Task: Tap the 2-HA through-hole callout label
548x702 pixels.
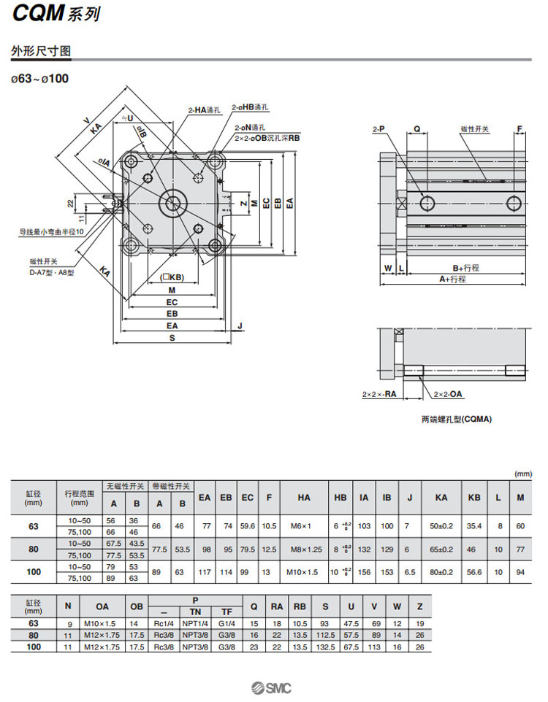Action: point(205,110)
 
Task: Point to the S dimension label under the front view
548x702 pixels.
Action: point(172,339)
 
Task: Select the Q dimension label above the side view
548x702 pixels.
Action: point(416,129)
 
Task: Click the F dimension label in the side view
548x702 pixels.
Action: point(520,129)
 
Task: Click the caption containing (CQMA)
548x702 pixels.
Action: point(457,420)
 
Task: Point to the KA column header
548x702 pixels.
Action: point(441,498)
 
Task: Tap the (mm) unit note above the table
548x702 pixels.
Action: point(523,474)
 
